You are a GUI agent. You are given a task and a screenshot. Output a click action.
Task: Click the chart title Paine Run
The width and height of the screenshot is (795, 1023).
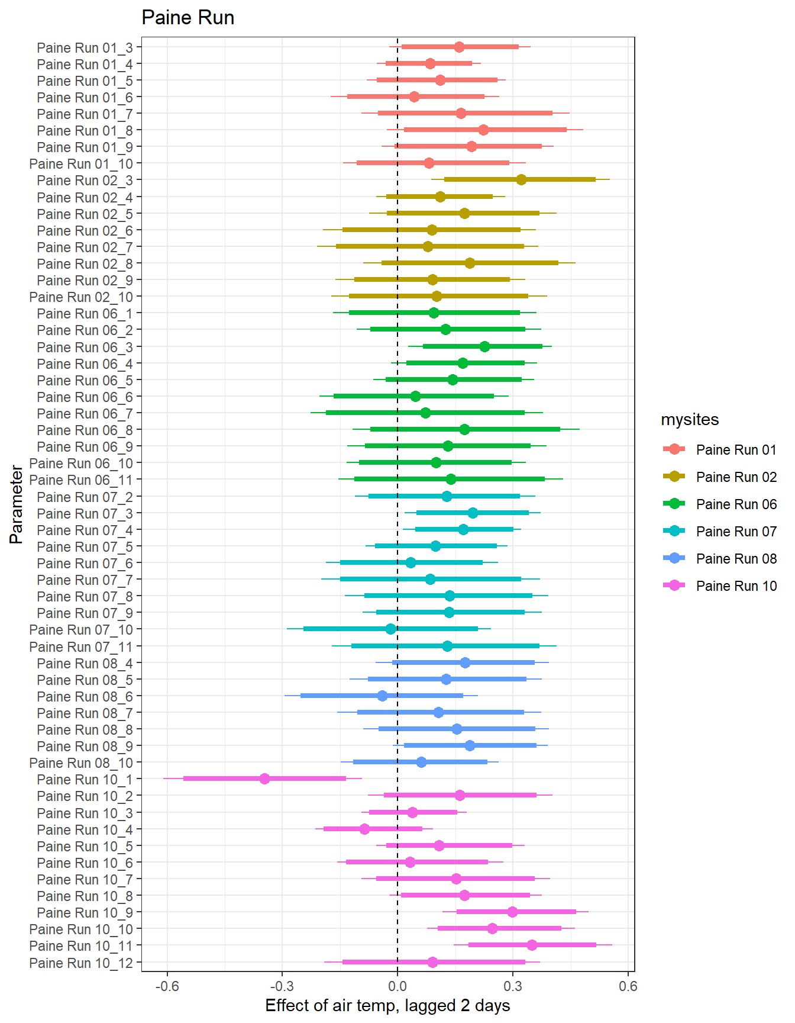(188, 18)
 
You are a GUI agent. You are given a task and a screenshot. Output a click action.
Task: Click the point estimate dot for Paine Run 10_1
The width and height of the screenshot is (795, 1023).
(264, 778)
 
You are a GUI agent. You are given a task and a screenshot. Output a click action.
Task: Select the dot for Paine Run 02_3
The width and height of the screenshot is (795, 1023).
(521, 179)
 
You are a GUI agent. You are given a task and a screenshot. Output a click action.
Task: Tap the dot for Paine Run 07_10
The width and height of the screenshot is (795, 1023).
(390, 629)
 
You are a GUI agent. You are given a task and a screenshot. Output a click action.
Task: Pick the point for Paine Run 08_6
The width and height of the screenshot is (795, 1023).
(382, 696)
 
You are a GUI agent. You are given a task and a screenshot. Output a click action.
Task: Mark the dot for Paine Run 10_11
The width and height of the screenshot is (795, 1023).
(532, 945)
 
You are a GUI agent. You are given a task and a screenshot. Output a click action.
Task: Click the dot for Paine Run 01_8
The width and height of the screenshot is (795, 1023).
(483, 130)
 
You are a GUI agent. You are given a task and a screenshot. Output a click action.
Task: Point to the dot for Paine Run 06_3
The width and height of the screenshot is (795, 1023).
(484, 346)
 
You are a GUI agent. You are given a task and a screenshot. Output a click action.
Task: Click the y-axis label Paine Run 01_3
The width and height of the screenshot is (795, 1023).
(85, 47)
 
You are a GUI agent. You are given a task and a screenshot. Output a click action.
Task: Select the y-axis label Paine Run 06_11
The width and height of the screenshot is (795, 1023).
(81, 480)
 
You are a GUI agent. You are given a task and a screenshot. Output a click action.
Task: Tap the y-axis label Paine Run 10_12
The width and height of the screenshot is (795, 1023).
(81, 963)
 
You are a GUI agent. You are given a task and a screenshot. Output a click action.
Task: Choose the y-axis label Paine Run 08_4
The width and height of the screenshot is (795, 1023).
(85, 664)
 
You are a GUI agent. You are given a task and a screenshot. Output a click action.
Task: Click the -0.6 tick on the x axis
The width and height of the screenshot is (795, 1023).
(167, 986)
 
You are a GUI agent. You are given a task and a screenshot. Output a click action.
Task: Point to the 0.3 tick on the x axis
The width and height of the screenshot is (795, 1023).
(513, 986)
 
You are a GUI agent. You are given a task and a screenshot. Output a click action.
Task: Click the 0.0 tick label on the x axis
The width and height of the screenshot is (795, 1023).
(397, 986)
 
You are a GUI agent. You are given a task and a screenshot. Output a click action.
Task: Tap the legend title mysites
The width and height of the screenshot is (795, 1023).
(690, 420)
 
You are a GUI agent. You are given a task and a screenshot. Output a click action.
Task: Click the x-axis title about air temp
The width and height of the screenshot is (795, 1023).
(387, 1006)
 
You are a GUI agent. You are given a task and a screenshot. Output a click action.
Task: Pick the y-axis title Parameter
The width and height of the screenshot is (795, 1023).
(17, 504)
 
